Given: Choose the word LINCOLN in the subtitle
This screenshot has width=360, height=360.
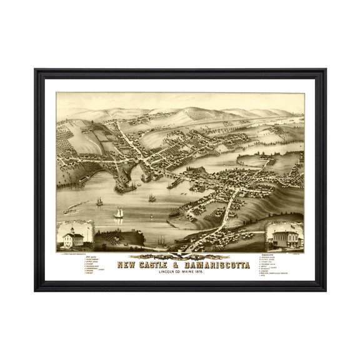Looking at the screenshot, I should (x=165, y=270).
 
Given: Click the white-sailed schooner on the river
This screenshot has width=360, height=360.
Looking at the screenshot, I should (x=118, y=213).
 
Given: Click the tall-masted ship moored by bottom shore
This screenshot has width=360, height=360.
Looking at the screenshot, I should (x=161, y=239).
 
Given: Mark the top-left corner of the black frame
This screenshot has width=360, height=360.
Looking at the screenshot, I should (x=36, y=69).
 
